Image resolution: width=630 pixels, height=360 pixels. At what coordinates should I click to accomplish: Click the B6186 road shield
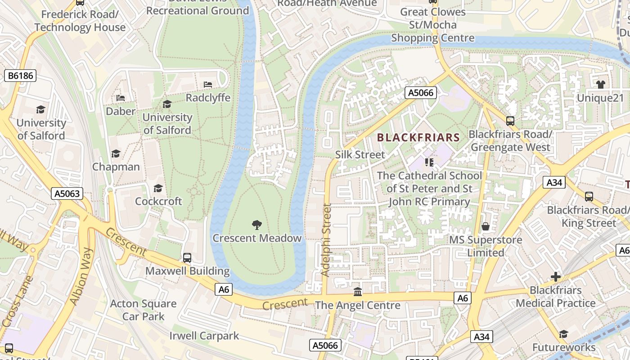pos(21,76)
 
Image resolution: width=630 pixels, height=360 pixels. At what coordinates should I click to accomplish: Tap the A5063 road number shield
pos(67,194)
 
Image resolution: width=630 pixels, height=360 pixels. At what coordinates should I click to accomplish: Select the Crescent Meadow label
pos(256,238)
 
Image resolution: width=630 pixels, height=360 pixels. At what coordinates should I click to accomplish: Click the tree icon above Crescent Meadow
pos(256,225)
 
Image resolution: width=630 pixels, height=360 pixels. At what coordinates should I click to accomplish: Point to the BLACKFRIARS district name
pos(418,138)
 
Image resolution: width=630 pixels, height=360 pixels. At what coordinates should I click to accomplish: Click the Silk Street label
pos(360,155)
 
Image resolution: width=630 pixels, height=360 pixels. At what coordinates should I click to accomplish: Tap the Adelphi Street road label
pos(327,240)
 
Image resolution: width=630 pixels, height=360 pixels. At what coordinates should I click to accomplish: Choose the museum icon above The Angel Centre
pos(358,292)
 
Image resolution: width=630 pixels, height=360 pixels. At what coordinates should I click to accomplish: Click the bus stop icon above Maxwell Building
pos(187,258)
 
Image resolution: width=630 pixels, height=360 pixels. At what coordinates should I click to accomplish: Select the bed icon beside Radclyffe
pos(207,85)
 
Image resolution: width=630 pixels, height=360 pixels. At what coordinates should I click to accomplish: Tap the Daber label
pos(120,111)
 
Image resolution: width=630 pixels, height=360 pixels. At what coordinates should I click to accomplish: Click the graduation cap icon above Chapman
pos(116,154)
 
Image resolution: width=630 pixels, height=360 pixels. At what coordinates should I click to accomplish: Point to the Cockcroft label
pos(158,201)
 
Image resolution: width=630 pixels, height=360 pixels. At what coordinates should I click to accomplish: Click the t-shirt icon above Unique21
pos(600,84)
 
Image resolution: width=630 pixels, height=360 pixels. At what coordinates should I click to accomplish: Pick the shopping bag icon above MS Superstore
pos(485,226)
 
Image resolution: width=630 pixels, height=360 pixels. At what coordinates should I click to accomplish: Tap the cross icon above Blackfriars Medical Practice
pos(556,277)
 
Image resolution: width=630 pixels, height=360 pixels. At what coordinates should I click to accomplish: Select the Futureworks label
pos(564,347)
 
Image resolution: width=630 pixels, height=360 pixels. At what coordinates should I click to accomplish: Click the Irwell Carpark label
pos(204,336)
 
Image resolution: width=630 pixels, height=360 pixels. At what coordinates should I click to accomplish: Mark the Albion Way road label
pos(82,276)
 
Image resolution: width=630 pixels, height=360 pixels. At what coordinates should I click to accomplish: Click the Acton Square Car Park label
pos(143,310)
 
